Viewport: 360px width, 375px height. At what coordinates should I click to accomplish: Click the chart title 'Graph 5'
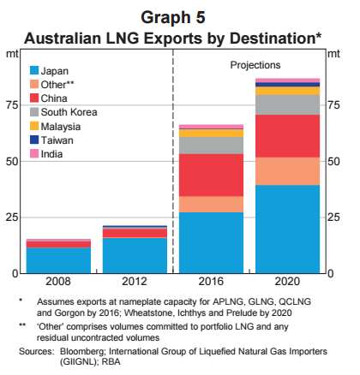[181, 15]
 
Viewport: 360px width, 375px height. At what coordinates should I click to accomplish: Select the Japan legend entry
[57, 71]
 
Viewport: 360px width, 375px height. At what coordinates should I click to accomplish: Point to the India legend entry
[54, 153]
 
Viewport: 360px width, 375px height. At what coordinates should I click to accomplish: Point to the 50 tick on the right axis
[335, 161]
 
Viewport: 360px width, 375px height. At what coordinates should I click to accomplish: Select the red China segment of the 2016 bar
[210, 176]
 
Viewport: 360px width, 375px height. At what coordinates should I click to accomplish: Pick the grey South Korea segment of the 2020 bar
[287, 104]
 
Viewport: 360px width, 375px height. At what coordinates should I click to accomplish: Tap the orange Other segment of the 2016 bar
[210, 205]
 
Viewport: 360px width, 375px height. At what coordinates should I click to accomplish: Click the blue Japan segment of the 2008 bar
[57, 260]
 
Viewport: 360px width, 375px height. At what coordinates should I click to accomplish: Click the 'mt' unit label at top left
[12, 54]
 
